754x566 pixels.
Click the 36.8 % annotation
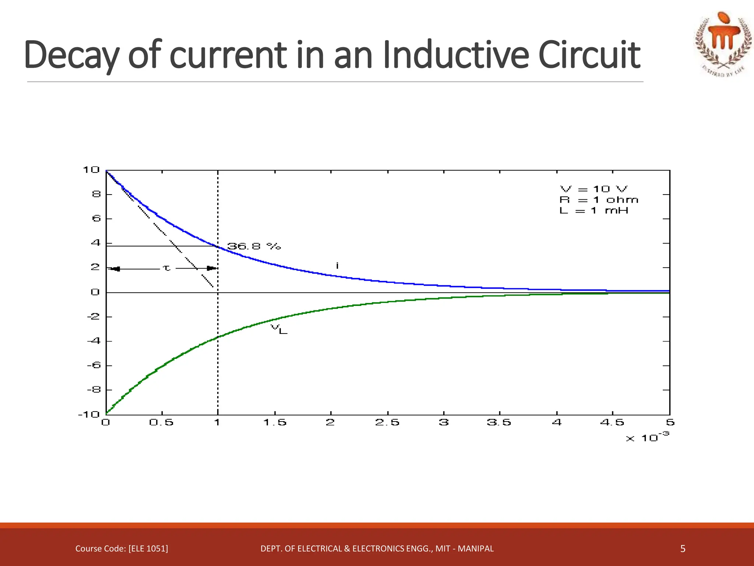coord(254,246)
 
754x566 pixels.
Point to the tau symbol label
coord(167,268)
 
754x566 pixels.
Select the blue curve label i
coord(337,265)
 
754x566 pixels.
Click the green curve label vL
coord(279,329)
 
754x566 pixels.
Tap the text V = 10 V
coord(593,189)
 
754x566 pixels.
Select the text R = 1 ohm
coord(599,200)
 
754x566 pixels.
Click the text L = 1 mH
coord(593,210)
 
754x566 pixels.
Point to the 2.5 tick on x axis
coord(387,422)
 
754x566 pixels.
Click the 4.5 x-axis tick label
coord(612,422)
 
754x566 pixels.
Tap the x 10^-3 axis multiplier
coord(647,437)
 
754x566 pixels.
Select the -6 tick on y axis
coord(94,365)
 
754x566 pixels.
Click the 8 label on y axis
coord(96,194)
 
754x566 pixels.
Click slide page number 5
coord(683,549)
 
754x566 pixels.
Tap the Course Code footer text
coord(121,549)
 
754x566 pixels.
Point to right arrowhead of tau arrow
coord(212,268)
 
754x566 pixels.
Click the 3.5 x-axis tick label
coord(499,422)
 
